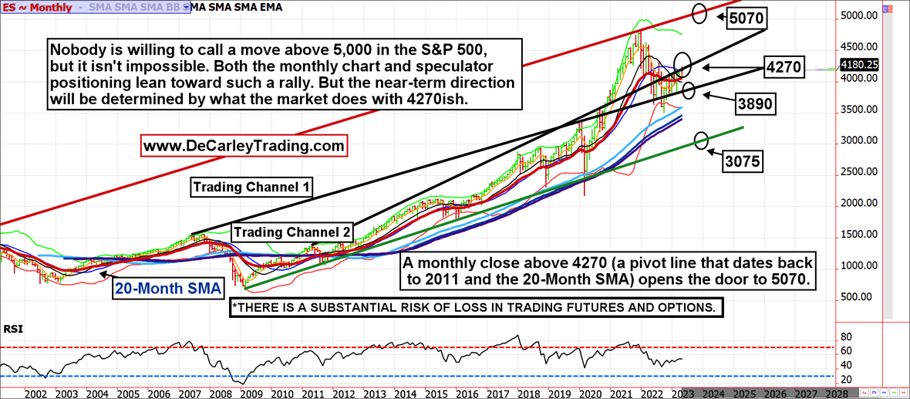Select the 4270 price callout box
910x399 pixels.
[785, 67]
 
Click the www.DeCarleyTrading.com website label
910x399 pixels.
[244, 144]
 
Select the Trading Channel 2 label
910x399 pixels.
[293, 232]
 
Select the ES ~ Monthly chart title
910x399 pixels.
[38, 8]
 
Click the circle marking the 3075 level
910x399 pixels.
[701, 140]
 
